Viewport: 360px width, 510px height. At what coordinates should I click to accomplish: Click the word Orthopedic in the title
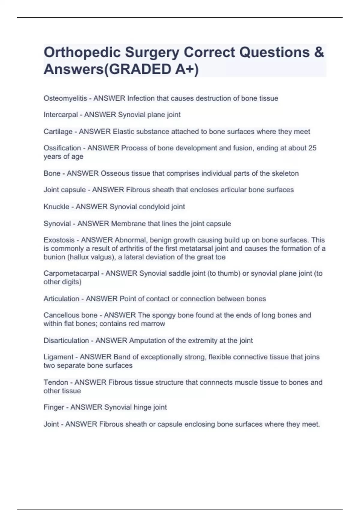[x=82, y=52]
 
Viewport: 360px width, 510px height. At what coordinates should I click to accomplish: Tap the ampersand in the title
[x=319, y=52]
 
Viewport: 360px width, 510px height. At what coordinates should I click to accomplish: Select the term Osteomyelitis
[x=65, y=98]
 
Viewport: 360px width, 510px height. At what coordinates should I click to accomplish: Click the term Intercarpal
[x=61, y=115]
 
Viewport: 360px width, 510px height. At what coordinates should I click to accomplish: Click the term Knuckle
[x=56, y=207]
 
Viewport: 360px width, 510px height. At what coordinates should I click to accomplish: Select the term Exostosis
[x=59, y=240]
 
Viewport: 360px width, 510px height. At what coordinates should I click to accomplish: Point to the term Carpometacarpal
[x=71, y=273]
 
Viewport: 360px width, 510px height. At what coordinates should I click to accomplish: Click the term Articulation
[x=61, y=299]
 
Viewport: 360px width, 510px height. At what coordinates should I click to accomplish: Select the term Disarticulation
[x=66, y=341]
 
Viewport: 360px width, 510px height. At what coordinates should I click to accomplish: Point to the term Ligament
[x=58, y=357]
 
